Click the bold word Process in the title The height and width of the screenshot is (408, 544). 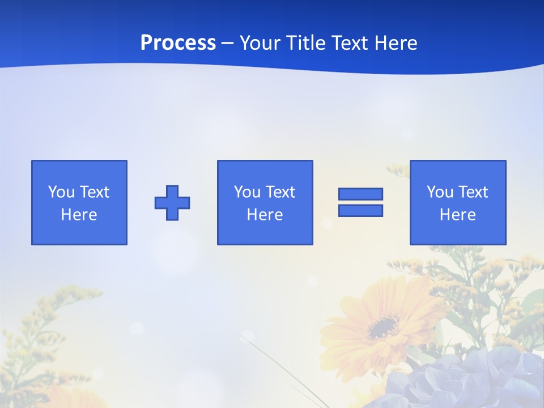pos(178,43)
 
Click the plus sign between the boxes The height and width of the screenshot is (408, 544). pos(172,203)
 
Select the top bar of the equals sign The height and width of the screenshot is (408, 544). pos(360,194)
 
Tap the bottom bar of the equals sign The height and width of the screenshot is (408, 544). pos(360,210)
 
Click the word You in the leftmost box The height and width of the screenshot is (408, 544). pos(61,192)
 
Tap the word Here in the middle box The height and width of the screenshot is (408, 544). pos(265,215)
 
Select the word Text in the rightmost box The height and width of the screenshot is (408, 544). pos(473,192)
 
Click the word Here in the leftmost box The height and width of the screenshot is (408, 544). pos(79,215)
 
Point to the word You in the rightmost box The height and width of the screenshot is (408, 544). pos(440,192)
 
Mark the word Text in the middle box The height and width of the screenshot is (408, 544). pos(280,192)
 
